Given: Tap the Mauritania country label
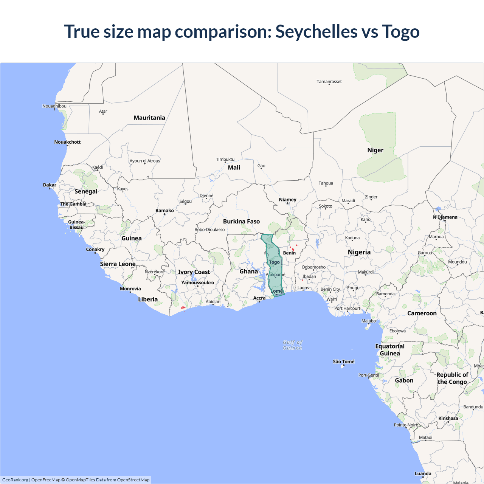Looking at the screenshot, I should [149, 118].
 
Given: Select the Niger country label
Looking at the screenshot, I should [375, 150].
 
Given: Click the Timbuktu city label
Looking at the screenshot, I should [225, 159].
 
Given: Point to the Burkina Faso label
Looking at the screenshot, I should [241, 221].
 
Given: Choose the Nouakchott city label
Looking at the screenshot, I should [67, 142].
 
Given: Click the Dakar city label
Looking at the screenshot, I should [50, 185].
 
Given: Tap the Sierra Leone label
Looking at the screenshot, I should [118, 264].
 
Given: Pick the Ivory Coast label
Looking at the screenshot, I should [194, 272].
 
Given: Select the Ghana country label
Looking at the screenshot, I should [248, 271].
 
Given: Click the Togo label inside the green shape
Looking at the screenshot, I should [275, 262].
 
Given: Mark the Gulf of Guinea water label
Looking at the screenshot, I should [292, 345].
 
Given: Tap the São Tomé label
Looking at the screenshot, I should [343, 361].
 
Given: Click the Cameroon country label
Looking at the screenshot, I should [422, 313].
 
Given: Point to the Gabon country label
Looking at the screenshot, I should [404, 380].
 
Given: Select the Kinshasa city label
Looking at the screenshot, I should [448, 418].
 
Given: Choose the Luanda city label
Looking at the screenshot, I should [423, 473].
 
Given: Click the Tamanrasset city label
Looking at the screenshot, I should [329, 82].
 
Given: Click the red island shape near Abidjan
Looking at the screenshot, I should [183, 307].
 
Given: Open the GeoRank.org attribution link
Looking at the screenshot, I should [15, 480].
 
